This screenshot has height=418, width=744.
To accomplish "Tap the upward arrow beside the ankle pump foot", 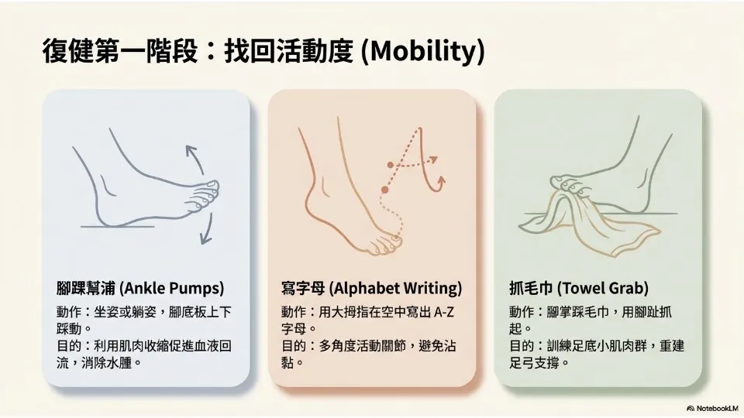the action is click(x=194, y=159).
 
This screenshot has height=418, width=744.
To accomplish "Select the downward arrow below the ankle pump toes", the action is click(x=206, y=229).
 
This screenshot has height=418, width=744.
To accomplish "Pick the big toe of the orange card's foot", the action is click(x=394, y=242).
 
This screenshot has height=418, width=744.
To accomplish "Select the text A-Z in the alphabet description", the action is click(x=443, y=312).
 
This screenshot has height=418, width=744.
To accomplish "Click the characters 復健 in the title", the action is click(x=68, y=51).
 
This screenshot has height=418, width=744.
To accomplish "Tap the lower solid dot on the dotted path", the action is click(x=385, y=190).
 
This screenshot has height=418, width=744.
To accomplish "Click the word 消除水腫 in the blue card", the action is click(x=106, y=363).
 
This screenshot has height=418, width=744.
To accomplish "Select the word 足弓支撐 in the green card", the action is click(x=534, y=363).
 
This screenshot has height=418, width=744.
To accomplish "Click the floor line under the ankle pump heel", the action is click(x=118, y=227).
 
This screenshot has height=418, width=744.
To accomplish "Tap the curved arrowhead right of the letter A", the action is click(x=442, y=180).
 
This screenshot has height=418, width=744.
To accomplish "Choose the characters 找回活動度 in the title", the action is click(x=288, y=51).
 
